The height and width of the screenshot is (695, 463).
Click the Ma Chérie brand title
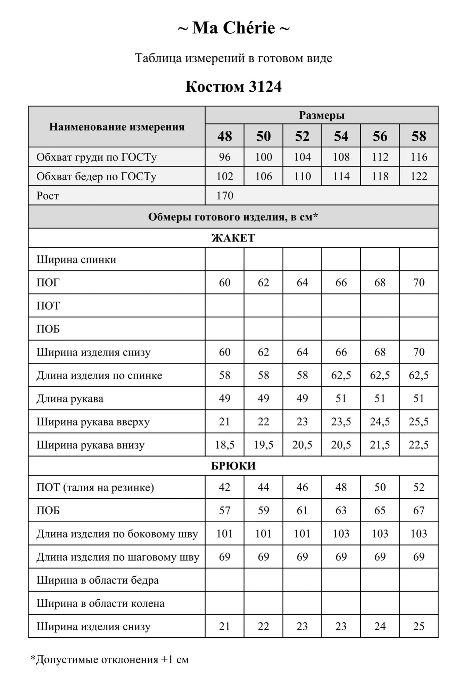pos(233,28)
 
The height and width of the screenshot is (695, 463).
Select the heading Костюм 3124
pos(233,87)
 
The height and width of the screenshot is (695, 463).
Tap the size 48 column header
pos(225,136)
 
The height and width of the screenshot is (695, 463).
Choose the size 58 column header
pos(419,136)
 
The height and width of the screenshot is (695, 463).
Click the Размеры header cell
pos(322,115)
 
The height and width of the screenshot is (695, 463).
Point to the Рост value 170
pos(225,196)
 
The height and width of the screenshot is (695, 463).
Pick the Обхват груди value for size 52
pos(302,157)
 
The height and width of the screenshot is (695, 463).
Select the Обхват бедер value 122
pos(419,177)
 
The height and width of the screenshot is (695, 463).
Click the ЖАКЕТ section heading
pos(233,238)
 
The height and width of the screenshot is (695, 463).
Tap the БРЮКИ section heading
pos(233,466)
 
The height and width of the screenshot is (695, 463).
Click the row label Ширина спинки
pos(76,260)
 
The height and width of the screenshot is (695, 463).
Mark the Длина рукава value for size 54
pos(341,398)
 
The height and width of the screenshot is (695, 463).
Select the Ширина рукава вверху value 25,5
pos(419,422)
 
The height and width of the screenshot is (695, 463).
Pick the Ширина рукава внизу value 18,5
pos(225,445)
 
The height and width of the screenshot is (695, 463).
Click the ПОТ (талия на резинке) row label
pos(95,487)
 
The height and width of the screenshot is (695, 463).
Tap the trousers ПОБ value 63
pos(341,510)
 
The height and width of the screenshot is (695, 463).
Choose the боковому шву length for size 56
pos(380,534)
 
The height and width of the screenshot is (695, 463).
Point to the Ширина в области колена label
pos(100,604)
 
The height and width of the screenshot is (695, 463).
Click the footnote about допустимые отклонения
pos(110,660)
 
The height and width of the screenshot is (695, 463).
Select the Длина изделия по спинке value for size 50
pos(263,375)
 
